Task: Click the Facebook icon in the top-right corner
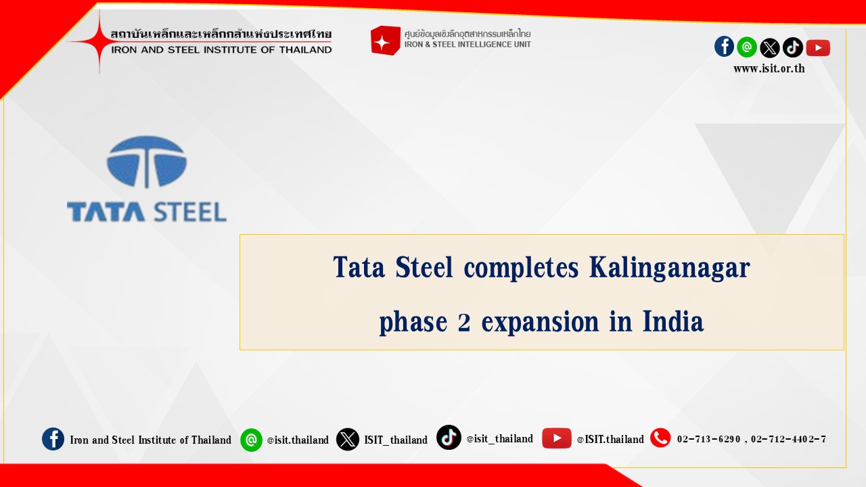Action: coord(724,47)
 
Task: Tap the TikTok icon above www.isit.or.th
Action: coord(793,47)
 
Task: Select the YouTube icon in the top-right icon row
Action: coord(818,48)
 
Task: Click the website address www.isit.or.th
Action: coord(769,69)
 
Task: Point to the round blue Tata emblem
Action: coord(147,162)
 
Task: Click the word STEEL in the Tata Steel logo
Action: coord(190,212)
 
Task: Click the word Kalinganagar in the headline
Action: coord(670,267)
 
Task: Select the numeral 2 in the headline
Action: coord(464,323)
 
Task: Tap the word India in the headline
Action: coord(673,321)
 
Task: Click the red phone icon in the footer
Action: coord(660,438)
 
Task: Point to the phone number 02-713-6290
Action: coord(708,439)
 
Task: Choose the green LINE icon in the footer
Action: coord(251,440)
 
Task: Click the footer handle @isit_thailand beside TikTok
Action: coord(499,439)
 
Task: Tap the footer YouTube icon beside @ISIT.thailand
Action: coord(557,438)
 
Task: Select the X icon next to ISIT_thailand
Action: coord(348,440)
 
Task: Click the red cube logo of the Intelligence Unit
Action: coord(386,41)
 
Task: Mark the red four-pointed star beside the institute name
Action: coord(99,42)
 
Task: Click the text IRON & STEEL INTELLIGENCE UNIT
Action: coord(468,45)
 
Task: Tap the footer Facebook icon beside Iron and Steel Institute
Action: coord(53,439)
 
